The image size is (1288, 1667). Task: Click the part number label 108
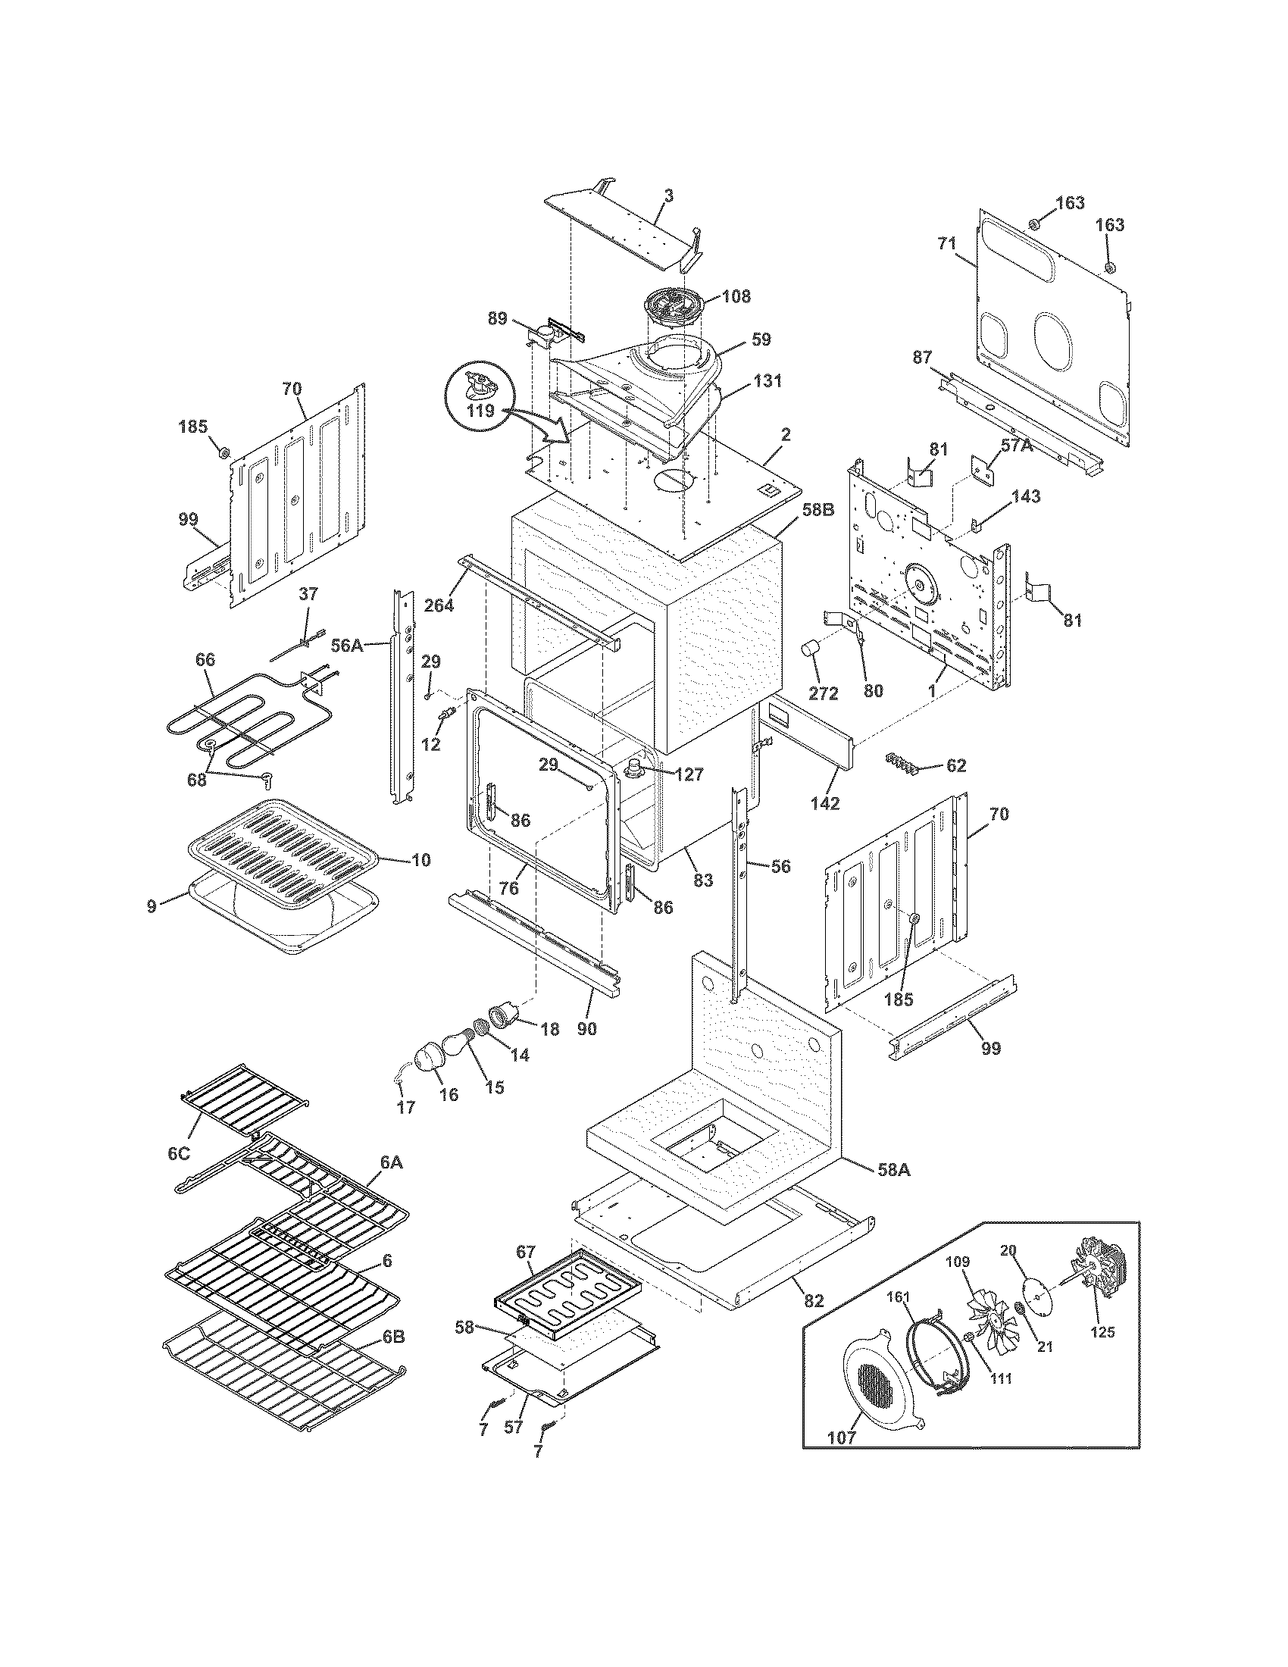(736, 296)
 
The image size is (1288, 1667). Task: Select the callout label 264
(439, 605)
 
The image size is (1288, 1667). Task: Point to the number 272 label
(824, 693)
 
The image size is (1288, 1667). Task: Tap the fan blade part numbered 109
(986, 1312)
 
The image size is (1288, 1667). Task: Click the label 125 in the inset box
(1102, 1332)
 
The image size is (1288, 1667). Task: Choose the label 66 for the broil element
(205, 658)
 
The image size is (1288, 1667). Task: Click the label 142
(826, 803)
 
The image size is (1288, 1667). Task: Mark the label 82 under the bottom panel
(814, 1300)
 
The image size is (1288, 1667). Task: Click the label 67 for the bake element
(526, 1252)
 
